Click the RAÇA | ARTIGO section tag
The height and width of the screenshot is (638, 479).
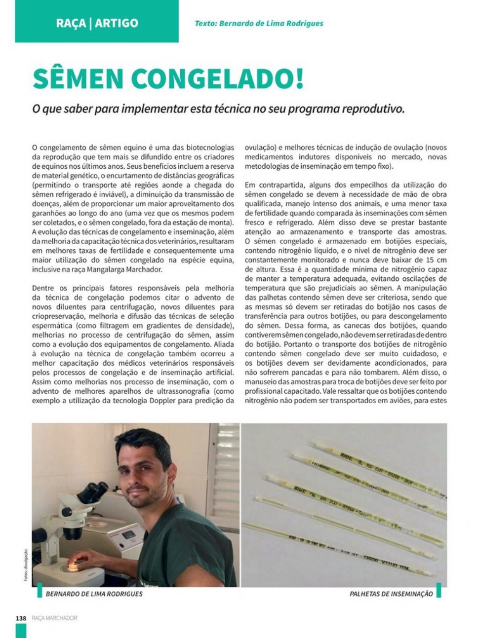click(x=97, y=23)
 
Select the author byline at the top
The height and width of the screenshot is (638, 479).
click(x=259, y=23)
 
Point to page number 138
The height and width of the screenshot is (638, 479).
click(x=21, y=618)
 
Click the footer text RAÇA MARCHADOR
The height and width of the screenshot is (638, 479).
click(x=54, y=618)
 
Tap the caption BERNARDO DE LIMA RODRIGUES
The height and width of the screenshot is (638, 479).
click(x=94, y=594)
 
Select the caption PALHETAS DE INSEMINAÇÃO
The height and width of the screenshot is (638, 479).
click(x=391, y=594)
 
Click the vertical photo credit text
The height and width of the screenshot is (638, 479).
click(x=26, y=564)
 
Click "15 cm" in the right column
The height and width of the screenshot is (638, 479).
click(x=435, y=260)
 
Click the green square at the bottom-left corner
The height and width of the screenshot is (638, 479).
click(x=21, y=631)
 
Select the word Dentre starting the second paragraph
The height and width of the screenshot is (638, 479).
click(x=43, y=288)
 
